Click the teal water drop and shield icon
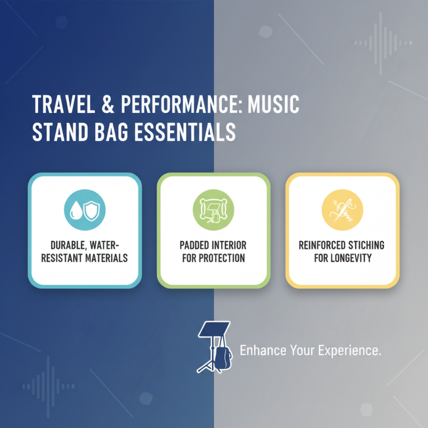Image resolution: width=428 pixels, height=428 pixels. (85, 208)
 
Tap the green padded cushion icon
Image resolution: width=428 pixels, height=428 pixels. (213, 208)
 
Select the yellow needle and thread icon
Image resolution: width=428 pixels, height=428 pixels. (342, 208)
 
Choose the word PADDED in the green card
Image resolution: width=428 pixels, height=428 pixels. (195, 245)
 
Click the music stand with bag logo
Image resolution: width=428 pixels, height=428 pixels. (215, 346)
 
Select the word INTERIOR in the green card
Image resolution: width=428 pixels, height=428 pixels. (229, 245)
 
